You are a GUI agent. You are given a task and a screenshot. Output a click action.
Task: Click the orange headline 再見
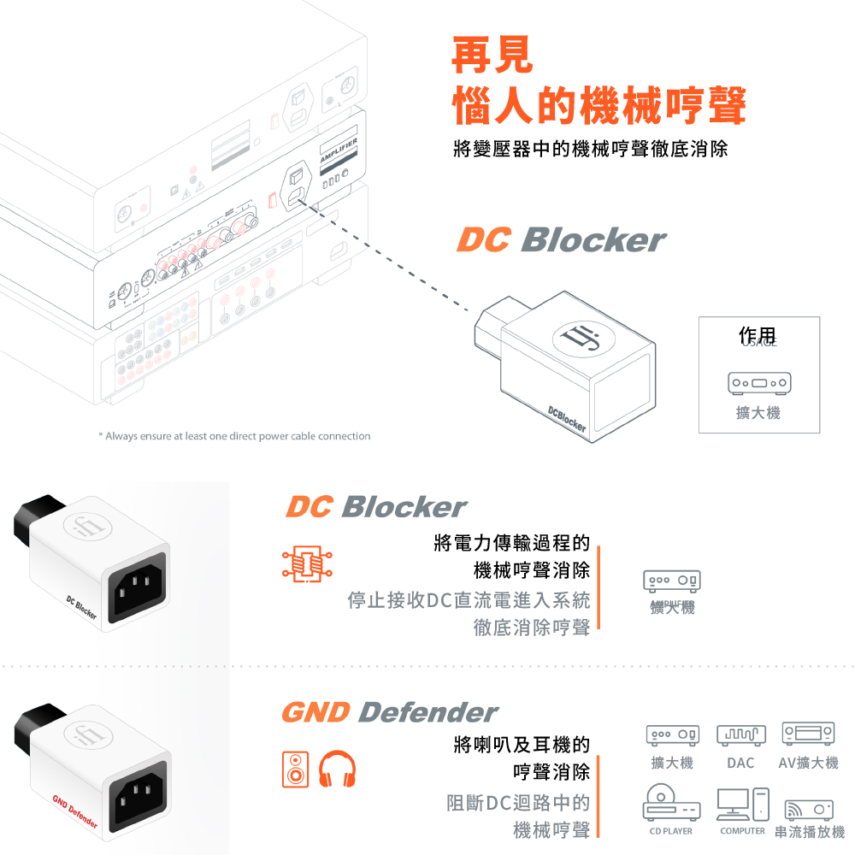(x=492, y=54)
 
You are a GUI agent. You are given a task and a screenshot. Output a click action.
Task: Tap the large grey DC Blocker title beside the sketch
(x=561, y=240)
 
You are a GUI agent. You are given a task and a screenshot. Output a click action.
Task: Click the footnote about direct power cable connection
(x=234, y=436)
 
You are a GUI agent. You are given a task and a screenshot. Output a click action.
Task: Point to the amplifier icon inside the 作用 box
(x=758, y=380)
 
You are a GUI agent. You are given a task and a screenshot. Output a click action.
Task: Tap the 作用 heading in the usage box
(x=758, y=337)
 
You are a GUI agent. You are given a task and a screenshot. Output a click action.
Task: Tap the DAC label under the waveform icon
(x=740, y=763)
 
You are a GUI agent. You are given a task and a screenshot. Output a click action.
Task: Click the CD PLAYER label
(x=671, y=831)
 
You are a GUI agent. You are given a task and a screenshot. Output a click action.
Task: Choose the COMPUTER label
(x=742, y=831)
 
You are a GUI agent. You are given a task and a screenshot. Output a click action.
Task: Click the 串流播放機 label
(x=808, y=831)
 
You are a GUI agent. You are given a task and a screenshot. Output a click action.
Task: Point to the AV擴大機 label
(x=808, y=763)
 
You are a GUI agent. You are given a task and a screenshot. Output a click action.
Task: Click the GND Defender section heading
(x=389, y=712)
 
